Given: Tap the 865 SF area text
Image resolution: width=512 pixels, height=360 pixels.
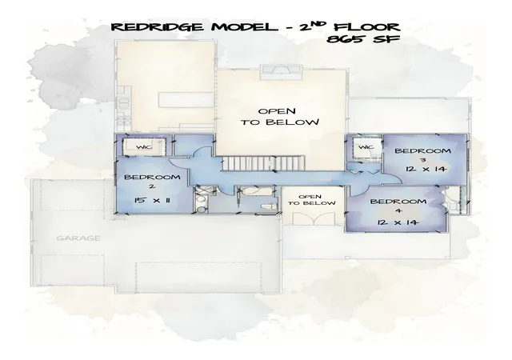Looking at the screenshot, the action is click(x=363, y=39).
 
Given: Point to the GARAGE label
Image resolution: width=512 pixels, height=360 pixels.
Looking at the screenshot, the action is click(x=78, y=238).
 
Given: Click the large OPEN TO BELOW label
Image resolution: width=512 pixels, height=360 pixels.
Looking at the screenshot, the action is click(x=280, y=117).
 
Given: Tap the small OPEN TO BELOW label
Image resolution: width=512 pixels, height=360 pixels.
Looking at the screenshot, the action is click(x=312, y=200).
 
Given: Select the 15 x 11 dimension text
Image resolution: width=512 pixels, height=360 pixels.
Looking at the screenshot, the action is click(x=152, y=200).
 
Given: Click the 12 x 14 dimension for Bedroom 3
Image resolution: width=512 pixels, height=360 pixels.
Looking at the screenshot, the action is click(x=426, y=169).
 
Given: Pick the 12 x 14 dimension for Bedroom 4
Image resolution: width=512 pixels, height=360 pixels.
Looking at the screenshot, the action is click(x=398, y=222).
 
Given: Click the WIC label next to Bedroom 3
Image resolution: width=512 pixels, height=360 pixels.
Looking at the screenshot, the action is click(x=366, y=147).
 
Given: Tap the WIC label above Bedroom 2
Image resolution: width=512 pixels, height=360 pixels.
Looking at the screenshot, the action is click(x=144, y=147).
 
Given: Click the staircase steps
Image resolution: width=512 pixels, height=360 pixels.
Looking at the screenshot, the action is click(x=264, y=162).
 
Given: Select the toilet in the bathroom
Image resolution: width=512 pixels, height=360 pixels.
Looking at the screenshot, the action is click(x=269, y=206).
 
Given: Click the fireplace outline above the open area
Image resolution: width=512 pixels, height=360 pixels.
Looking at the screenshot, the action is click(x=281, y=72).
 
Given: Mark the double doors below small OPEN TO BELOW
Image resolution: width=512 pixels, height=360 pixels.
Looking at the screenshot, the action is click(x=314, y=218).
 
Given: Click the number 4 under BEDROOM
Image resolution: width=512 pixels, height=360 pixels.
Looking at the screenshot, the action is click(x=398, y=211).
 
